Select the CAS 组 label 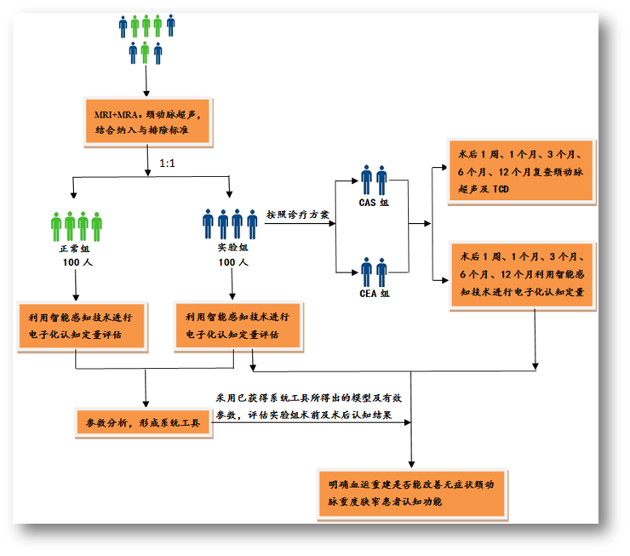374,203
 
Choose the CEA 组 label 374,293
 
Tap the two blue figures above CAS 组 374,181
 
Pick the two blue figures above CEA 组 374,271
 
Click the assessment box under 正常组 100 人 76,324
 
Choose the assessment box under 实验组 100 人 238,324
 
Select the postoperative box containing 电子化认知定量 522,274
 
